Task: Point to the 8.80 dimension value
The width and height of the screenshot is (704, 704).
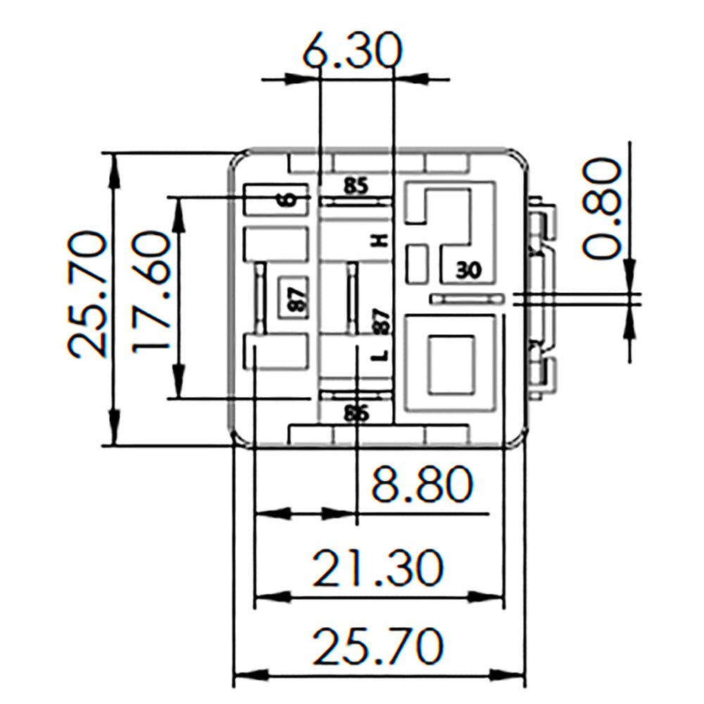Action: pyautogui.click(x=421, y=485)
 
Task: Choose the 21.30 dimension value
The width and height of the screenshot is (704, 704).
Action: pyautogui.click(x=379, y=568)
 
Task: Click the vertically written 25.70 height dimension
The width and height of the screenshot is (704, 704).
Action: pyautogui.click(x=87, y=295)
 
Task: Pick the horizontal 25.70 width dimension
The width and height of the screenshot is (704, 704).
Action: pyautogui.click(x=379, y=647)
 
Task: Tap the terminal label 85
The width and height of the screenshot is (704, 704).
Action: pyautogui.click(x=356, y=187)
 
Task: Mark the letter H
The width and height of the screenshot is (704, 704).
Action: pyautogui.click(x=380, y=241)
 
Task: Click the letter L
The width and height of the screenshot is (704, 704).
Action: pyautogui.click(x=380, y=356)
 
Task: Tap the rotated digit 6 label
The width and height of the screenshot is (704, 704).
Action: pyautogui.click(x=287, y=200)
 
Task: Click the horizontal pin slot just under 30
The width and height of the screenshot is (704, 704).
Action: pyautogui.click(x=467, y=299)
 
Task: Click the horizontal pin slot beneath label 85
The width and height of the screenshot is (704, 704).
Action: pyautogui.click(x=356, y=201)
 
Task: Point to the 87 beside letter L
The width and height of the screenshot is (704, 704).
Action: pyautogui.click(x=380, y=321)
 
